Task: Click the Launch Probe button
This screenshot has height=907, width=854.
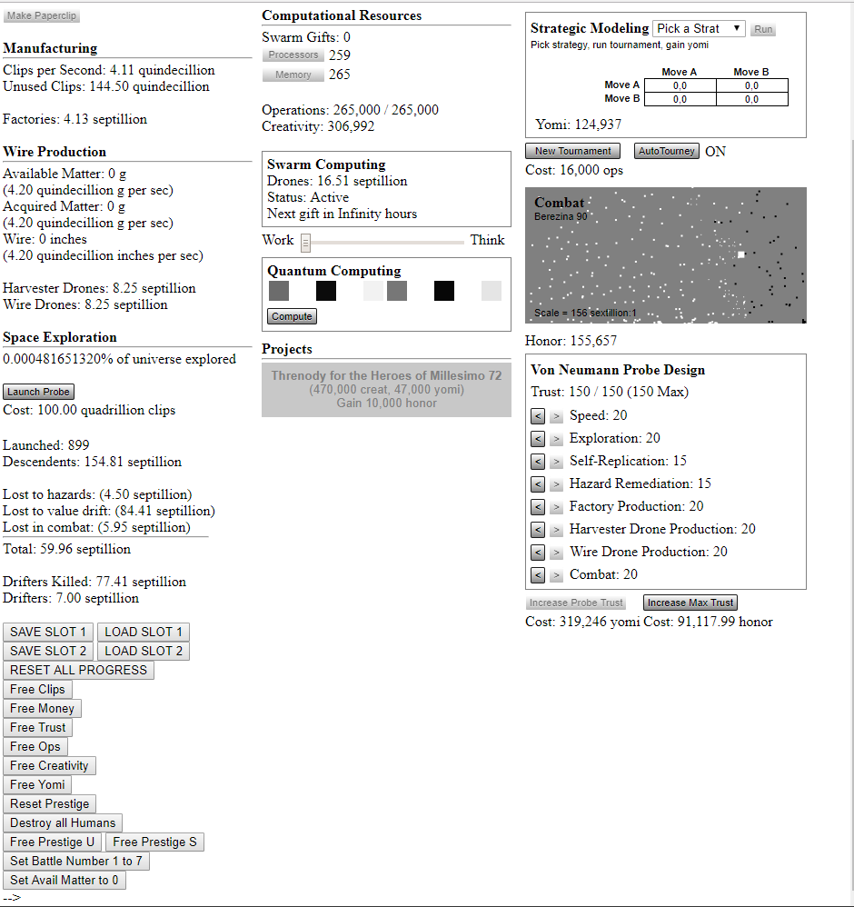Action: pyautogui.click(x=38, y=392)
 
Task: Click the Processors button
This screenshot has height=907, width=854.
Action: pyautogui.click(x=293, y=55)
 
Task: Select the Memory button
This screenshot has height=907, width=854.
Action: pyautogui.click(x=293, y=75)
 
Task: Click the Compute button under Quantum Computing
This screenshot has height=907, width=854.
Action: pyautogui.click(x=292, y=316)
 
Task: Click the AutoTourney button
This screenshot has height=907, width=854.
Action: pyautogui.click(x=666, y=151)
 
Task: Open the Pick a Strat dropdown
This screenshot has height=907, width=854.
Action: pyautogui.click(x=699, y=29)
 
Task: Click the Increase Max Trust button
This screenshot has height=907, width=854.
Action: pyautogui.click(x=690, y=603)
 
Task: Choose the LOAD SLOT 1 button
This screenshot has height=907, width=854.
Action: pyautogui.click(x=144, y=632)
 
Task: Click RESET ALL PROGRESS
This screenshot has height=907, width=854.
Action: pyautogui.click(x=78, y=670)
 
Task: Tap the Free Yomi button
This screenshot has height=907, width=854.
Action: pyautogui.click(x=37, y=784)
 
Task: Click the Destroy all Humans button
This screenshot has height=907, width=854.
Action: pyautogui.click(x=63, y=822)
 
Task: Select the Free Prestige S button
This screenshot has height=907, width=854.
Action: pyautogui.click(x=154, y=842)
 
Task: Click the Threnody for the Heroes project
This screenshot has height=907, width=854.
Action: pyautogui.click(x=386, y=389)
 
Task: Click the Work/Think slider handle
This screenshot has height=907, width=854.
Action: pyautogui.click(x=306, y=242)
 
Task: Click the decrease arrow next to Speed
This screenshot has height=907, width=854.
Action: pyautogui.click(x=538, y=416)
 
